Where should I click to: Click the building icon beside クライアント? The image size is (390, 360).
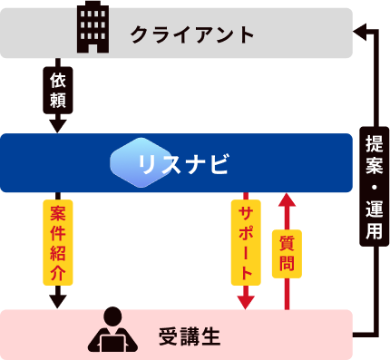(93, 30)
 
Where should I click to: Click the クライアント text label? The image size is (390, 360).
(192, 34)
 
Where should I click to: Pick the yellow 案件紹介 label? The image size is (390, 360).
(57, 245)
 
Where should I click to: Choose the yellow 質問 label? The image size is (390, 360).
(287, 254)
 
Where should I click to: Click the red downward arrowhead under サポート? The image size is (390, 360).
(245, 301)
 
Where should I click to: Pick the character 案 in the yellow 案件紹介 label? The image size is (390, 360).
(57, 215)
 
